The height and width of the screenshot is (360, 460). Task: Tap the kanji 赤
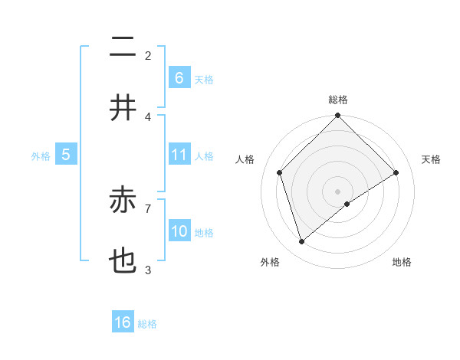[x=123, y=201]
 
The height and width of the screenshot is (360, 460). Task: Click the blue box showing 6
[x=179, y=77]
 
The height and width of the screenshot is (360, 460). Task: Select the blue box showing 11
[x=179, y=155]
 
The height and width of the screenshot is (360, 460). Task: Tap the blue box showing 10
[x=179, y=231]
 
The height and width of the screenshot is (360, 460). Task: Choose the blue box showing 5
[x=66, y=155]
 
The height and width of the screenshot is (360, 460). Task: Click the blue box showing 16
[x=123, y=322]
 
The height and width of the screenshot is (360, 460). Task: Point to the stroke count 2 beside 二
[x=148, y=55]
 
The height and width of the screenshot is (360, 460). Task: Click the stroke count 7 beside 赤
[x=148, y=208]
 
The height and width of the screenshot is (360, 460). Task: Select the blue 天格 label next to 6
[x=204, y=79]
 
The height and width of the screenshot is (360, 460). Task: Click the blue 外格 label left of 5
[x=41, y=155]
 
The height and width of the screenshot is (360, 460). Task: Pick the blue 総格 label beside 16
[x=147, y=324]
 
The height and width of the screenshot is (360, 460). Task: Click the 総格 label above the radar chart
[x=337, y=100]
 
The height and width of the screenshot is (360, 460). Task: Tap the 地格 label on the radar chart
[x=402, y=262]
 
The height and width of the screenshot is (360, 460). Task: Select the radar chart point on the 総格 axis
[x=337, y=116]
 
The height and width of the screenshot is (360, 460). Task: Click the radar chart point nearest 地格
[x=347, y=204]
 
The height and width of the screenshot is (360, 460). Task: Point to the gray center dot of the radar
[x=337, y=191]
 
